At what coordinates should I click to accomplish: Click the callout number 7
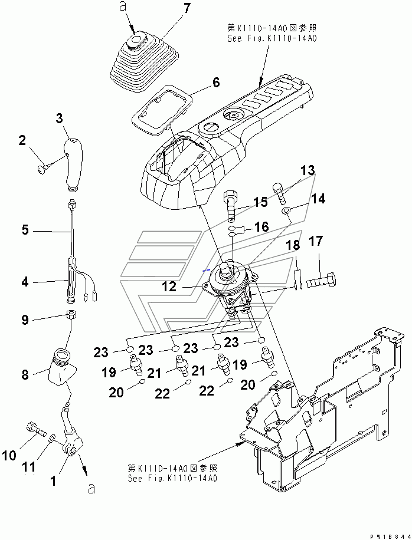click(x=187, y=8)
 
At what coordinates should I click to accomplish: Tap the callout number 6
click(x=216, y=83)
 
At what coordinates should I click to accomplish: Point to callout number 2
click(x=22, y=140)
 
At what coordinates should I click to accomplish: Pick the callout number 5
click(x=25, y=230)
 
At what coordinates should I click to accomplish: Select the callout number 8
click(x=25, y=374)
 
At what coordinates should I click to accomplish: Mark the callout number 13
click(x=308, y=170)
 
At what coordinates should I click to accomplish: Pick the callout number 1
click(x=53, y=481)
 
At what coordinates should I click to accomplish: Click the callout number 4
click(x=25, y=282)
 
